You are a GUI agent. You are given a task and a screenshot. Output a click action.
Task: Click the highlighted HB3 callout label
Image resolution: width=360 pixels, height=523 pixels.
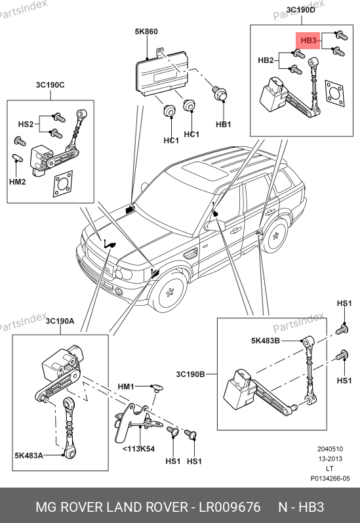click(308, 41)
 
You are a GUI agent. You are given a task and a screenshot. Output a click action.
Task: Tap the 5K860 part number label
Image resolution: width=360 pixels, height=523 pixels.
click(146, 31)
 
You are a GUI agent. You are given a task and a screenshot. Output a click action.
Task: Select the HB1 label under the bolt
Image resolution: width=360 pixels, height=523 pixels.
click(224, 125)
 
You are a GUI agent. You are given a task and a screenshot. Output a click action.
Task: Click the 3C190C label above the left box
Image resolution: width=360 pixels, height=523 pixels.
click(50, 85)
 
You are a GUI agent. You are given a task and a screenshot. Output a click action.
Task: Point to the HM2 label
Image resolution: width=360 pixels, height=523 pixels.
click(17, 182)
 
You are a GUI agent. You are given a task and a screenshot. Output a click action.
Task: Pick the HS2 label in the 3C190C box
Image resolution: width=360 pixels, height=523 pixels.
click(26, 124)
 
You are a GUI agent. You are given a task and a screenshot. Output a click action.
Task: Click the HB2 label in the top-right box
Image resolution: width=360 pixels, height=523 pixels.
click(266, 60)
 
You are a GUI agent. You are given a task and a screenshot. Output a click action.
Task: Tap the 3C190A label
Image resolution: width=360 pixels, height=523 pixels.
click(60, 321)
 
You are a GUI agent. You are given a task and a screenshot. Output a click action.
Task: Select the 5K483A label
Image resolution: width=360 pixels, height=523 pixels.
click(29, 455)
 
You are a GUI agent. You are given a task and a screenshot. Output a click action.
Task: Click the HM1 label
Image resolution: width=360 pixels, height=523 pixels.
click(126, 387)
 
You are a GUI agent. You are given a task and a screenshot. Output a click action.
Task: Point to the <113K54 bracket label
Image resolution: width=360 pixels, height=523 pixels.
click(138, 449)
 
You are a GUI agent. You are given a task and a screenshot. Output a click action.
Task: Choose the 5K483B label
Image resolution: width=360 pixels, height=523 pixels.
click(266, 341)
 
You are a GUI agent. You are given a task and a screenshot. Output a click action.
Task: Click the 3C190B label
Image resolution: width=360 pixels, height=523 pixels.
click(190, 374)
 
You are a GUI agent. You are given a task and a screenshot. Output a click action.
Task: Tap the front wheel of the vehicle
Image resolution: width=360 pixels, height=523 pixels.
click(171, 293)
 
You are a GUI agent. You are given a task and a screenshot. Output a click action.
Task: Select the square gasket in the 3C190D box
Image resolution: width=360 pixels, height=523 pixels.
click(334, 93)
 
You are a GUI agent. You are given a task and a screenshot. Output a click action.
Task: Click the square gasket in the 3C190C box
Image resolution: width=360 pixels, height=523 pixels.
click(63, 184)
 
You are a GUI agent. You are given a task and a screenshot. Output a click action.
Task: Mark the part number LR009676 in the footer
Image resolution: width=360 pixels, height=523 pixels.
click(230, 507)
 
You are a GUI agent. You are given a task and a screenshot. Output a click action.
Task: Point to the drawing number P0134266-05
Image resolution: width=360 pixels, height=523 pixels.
click(330, 478)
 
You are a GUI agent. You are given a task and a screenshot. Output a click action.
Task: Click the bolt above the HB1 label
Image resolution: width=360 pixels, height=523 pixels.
click(220, 93)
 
